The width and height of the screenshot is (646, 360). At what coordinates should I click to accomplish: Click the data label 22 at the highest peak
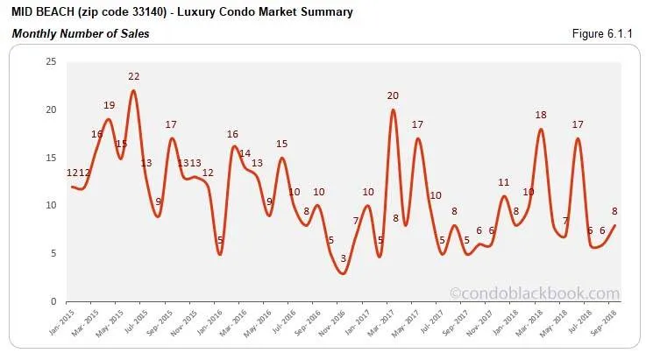pyautogui.click(x=133, y=76)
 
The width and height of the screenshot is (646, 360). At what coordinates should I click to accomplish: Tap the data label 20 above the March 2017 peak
pyautogui.click(x=393, y=95)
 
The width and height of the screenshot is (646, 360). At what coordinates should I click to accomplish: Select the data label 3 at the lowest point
pyautogui.click(x=344, y=258)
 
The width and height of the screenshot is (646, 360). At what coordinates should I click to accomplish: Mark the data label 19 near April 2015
pyautogui.click(x=109, y=105)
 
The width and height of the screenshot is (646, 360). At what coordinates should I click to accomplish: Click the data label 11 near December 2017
pyautogui.click(x=504, y=182)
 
